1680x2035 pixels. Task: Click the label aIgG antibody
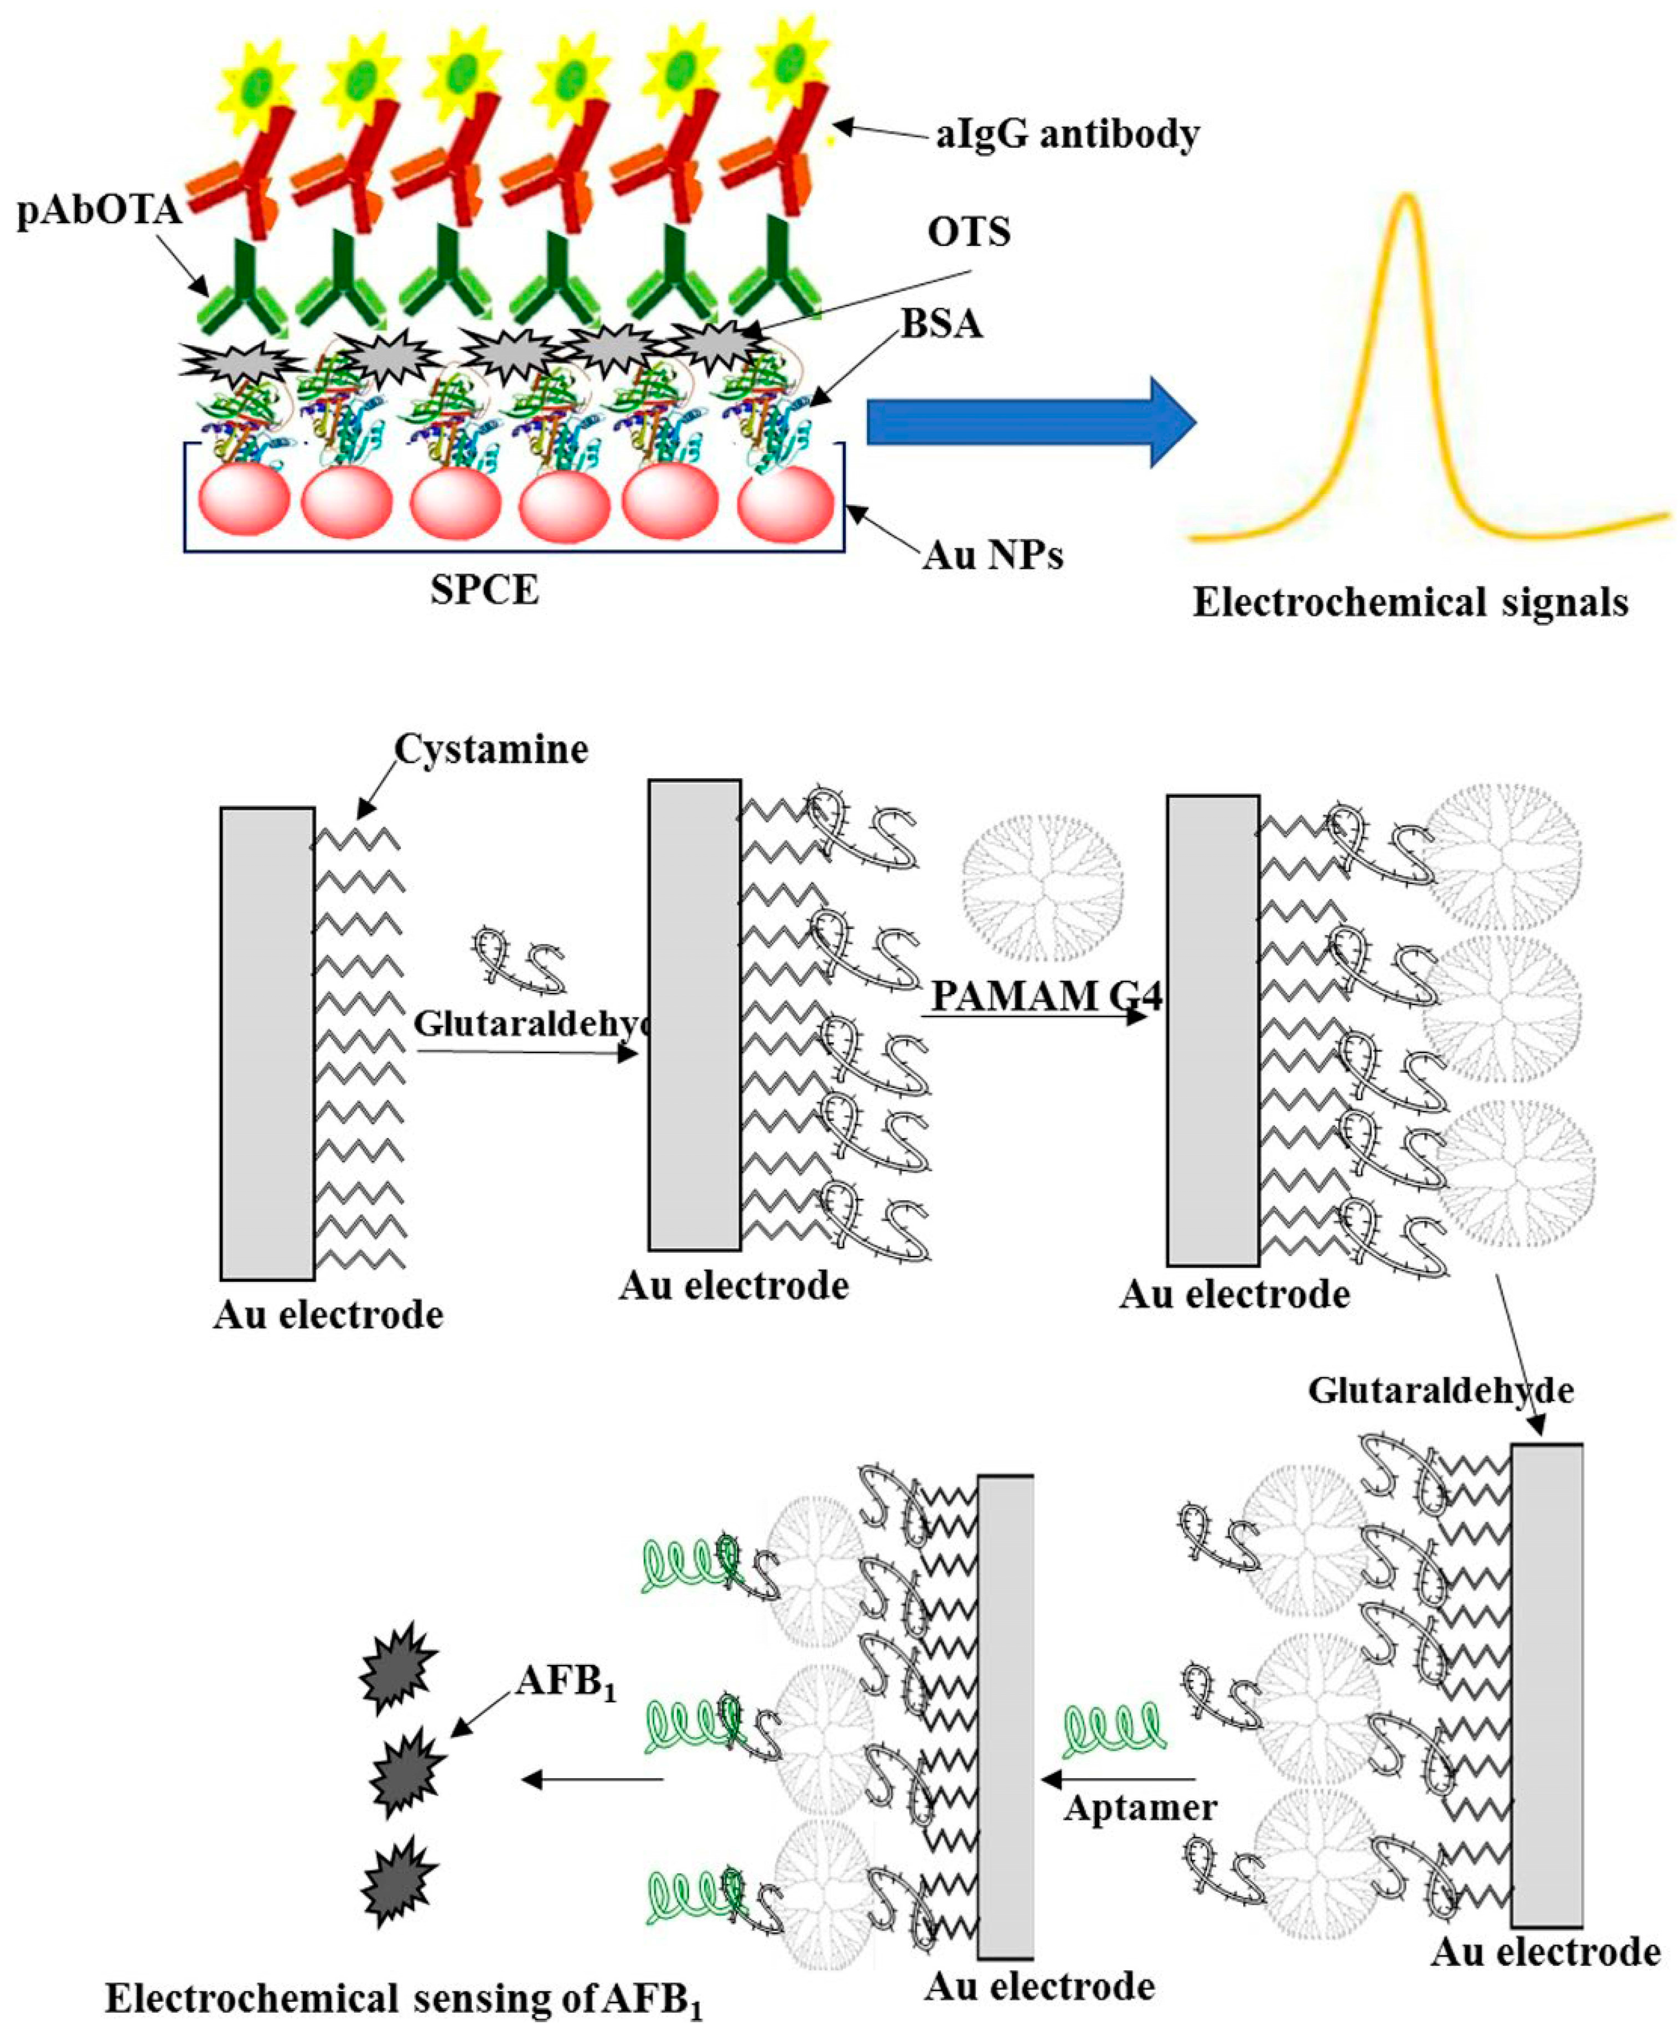tap(1067, 133)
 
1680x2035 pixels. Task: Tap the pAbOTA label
tap(99, 210)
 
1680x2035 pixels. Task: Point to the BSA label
tap(942, 324)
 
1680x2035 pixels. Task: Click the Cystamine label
tap(490, 750)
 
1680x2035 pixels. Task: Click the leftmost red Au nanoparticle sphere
tap(244, 499)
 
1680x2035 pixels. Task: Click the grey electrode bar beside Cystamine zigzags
tap(267, 1043)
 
